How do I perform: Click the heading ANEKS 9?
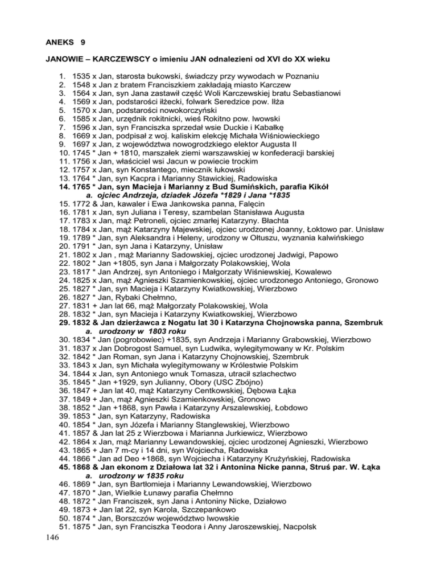coord(67,42)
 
